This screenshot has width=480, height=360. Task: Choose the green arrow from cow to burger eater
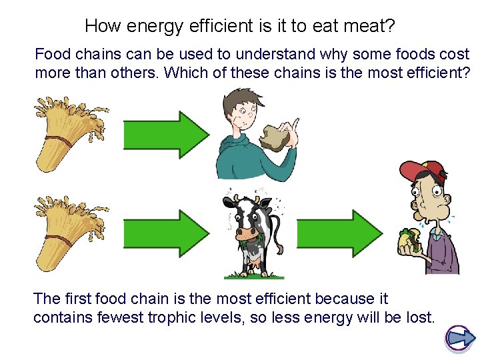(x=339, y=233)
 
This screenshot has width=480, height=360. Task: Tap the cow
(x=252, y=230)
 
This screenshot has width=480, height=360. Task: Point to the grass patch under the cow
(x=254, y=273)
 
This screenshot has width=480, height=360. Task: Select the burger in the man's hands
(x=407, y=240)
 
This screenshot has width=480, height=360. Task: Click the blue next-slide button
(x=459, y=338)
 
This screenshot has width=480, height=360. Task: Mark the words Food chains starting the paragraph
(x=75, y=54)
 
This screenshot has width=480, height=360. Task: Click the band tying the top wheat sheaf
(x=60, y=141)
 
